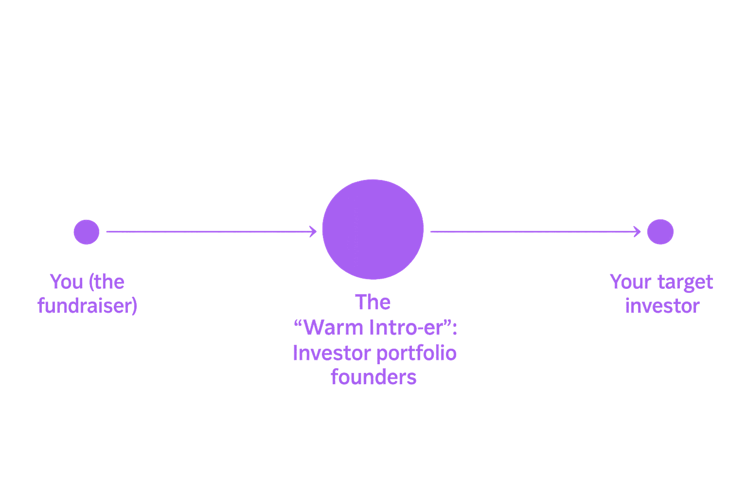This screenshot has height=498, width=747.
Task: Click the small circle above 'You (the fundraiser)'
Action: click(x=87, y=232)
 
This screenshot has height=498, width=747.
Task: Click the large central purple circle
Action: click(x=373, y=229)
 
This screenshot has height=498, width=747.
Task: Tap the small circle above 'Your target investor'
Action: click(x=660, y=232)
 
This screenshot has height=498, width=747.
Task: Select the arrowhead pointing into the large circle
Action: click(x=313, y=231)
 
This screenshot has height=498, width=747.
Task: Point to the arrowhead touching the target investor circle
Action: click(x=637, y=231)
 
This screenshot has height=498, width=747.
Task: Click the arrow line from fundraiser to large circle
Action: click(x=212, y=231)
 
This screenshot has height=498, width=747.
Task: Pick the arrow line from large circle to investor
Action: click(x=535, y=231)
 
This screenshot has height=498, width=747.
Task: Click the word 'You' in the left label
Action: click(x=66, y=282)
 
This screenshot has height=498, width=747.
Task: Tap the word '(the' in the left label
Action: click(x=107, y=283)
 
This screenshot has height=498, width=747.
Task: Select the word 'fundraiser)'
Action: click(x=87, y=305)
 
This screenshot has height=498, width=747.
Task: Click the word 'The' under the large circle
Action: click(x=373, y=302)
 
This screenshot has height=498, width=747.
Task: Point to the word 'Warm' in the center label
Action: click(x=334, y=328)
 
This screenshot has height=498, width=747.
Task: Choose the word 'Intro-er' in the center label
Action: click(x=407, y=328)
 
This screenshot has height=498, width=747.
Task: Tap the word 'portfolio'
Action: click(x=416, y=354)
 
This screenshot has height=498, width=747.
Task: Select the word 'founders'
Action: click(x=373, y=377)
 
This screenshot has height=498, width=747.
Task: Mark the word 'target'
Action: click(x=685, y=283)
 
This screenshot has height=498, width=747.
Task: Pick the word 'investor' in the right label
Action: click(x=662, y=306)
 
